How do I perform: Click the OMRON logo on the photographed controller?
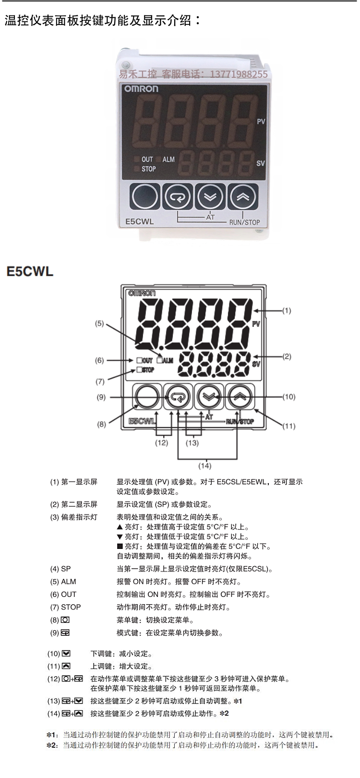(x=141, y=88)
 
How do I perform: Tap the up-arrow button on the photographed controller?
(x=242, y=196)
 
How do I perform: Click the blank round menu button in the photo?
(x=144, y=196)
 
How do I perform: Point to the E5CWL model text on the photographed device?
(x=139, y=222)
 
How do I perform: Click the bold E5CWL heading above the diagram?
(x=30, y=271)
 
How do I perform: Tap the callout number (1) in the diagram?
(x=287, y=311)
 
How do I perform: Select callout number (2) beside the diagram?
(x=287, y=356)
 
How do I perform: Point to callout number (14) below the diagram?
(x=205, y=465)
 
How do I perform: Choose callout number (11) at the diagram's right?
(x=288, y=426)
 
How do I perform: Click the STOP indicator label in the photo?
(x=148, y=169)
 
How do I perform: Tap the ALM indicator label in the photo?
(x=168, y=159)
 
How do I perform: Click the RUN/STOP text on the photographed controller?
(x=244, y=222)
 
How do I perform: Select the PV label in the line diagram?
(x=256, y=324)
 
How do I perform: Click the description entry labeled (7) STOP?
(x=66, y=607)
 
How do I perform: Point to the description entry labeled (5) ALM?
(x=63, y=582)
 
